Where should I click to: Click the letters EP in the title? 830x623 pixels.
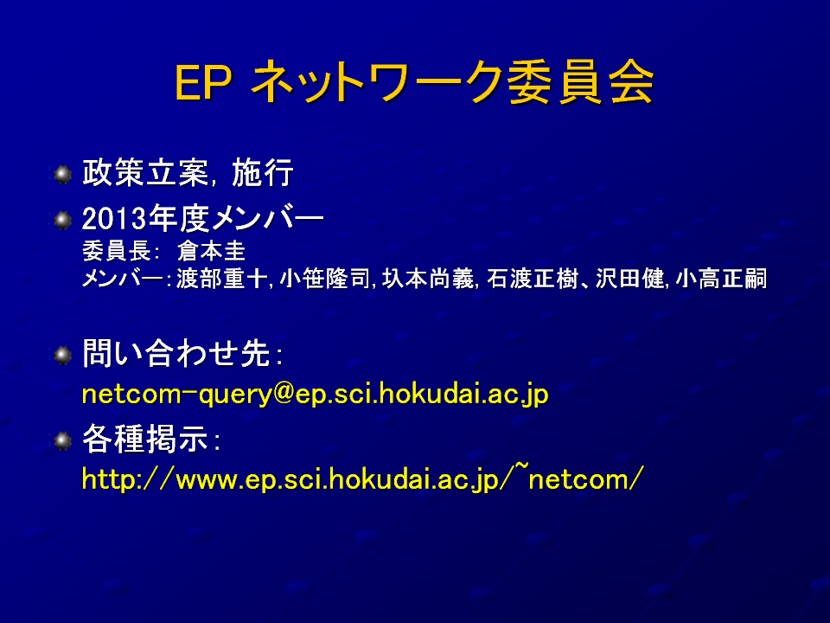pos(202,83)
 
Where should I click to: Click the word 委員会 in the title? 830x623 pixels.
pos(580,83)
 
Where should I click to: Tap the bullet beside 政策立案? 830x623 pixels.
pos(63,174)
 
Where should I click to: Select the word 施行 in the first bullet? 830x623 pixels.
pos(263,173)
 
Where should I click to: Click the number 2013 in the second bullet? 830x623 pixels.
pos(114,219)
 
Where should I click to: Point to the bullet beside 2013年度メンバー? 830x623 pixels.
pos(63,220)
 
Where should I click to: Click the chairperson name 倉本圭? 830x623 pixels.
pos(211,251)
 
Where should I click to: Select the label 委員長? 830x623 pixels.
pos(117,251)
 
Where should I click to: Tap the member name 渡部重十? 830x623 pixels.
pos(221,279)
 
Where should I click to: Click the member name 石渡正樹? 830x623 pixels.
pos(532,279)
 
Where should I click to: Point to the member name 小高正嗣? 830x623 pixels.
pos(721,279)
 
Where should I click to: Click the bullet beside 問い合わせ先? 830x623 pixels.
pos(63,355)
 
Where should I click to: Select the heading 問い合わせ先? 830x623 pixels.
pos(176,353)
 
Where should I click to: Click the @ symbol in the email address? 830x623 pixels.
pos(284,394)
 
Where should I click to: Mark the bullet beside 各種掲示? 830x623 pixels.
pos(63,440)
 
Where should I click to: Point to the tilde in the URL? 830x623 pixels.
pos(521,466)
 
